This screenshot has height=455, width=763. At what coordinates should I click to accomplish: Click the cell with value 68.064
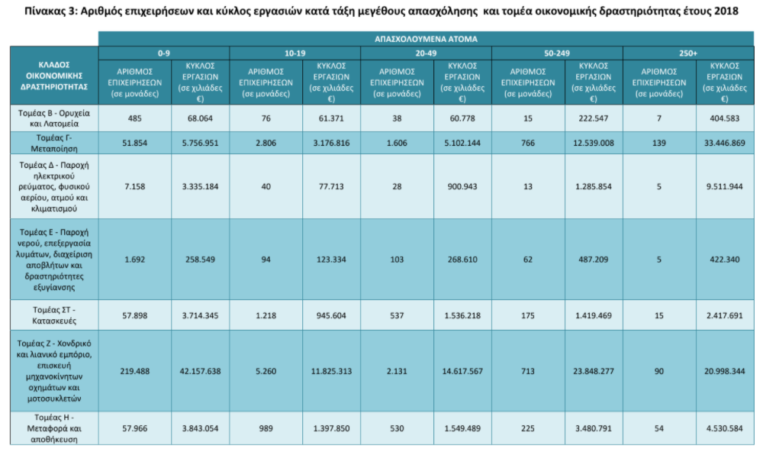(x=200, y=118)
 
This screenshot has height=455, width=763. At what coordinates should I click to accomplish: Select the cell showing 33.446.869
(x=725, y=143)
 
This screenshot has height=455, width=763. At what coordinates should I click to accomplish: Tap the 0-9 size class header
(x=164, y=53)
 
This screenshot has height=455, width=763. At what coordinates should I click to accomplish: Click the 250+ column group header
(x=688, y=53)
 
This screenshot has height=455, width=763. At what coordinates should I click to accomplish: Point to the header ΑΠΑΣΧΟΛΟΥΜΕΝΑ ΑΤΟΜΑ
(x=426, y=39)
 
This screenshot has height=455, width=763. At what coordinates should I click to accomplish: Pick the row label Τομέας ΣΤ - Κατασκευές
(x=54, y=315)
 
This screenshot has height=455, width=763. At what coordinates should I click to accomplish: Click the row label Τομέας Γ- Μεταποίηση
(x=54, y=143)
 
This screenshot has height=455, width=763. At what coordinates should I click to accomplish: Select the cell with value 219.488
(x=135, y=371)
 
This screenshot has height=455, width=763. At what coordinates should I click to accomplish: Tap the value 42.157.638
(x=200, y=371)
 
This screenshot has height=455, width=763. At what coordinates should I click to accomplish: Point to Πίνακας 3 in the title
(x=50, y=11)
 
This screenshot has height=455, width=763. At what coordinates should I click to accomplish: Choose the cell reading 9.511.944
(x=725, y=186)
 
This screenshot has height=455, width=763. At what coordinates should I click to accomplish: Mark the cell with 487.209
(x=593, y=260)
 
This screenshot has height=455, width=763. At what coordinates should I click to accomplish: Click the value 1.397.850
(x=331, y=429)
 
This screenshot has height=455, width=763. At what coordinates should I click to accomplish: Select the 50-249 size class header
(x=557, y=53)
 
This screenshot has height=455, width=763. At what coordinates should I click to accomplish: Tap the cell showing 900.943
(x=462, y=186)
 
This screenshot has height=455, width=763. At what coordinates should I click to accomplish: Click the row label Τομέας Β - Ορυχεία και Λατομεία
(x=54, y=118)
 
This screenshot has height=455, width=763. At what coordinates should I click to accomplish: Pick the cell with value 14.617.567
(x=462, y=371)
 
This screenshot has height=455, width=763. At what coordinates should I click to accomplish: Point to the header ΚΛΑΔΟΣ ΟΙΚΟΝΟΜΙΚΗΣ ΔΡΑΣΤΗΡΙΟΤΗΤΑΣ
(x=54, y=76)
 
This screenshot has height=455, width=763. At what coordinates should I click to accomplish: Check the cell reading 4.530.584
(x=725, y=429)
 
